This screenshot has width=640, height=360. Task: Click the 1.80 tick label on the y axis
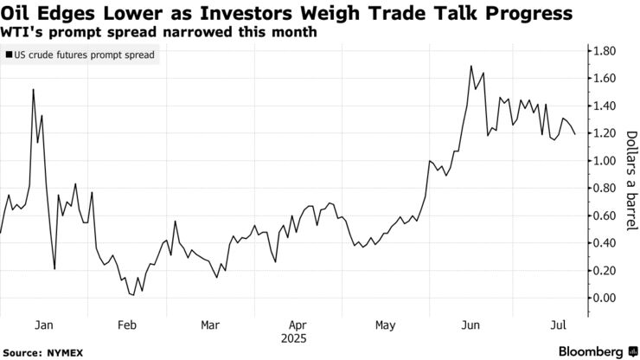point(599,51)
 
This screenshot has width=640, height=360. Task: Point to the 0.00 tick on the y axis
point(599,298)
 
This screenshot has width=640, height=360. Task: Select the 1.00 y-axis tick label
point(599,161)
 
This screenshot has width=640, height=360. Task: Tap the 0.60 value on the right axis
point(599,215)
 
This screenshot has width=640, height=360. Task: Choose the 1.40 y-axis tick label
point(599,106)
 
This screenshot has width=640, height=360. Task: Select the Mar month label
point(210,325)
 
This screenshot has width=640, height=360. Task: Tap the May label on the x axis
point(386,325)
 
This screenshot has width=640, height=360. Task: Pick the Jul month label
point(559,325)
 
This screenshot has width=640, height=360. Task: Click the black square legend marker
point(9,55)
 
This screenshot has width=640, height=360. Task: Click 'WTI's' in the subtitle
point(22,32)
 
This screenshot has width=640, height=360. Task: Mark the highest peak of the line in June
point(471,66)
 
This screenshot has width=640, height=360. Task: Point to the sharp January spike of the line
point(33,89)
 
